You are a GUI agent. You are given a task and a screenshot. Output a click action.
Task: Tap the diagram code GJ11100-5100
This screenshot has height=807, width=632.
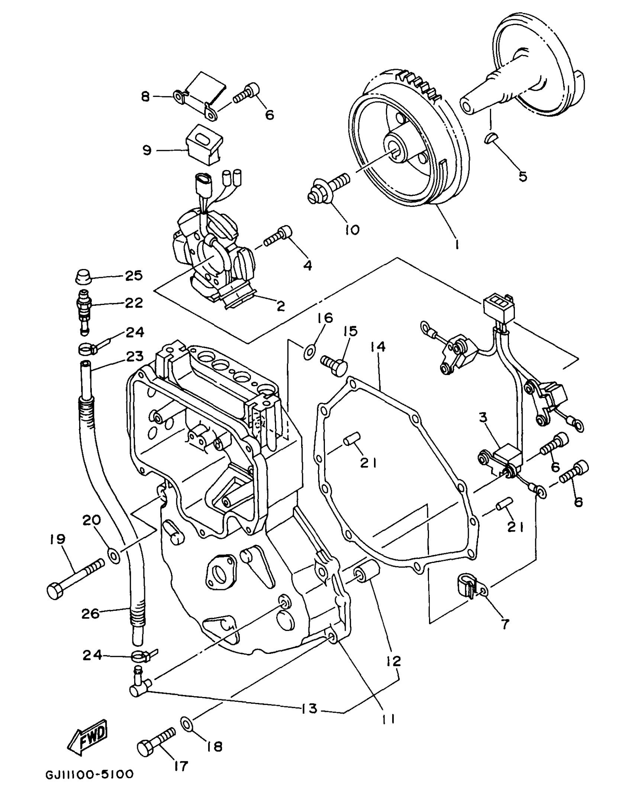(89, 775)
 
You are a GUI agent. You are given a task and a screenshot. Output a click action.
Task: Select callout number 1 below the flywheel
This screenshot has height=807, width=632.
(457, 244)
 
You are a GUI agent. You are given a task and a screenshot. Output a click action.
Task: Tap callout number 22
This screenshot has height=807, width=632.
(134, 303)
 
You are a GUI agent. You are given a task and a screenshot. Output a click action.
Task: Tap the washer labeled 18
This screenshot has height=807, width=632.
(187, 723)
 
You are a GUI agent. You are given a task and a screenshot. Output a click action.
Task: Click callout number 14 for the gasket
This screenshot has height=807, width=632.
(378, 347)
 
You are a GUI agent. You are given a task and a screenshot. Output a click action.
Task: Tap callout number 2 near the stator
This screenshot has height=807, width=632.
(281, 307)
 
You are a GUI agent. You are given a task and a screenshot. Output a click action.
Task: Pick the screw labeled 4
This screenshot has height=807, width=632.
(278, 238)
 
